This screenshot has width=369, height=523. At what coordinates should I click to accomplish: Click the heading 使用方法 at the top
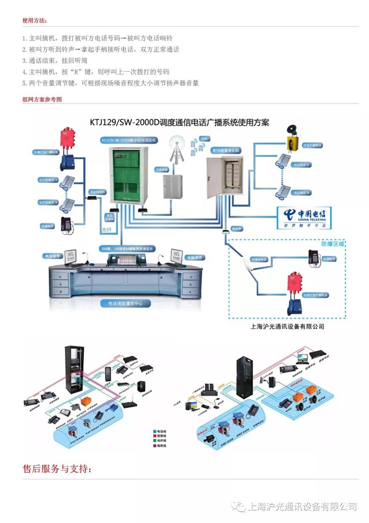(35, 21)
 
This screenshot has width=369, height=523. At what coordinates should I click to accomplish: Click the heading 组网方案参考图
(42, 99)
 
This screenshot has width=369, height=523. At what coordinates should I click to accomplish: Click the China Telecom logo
(304, 217)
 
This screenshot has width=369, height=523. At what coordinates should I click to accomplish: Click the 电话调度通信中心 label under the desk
(122, 304)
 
